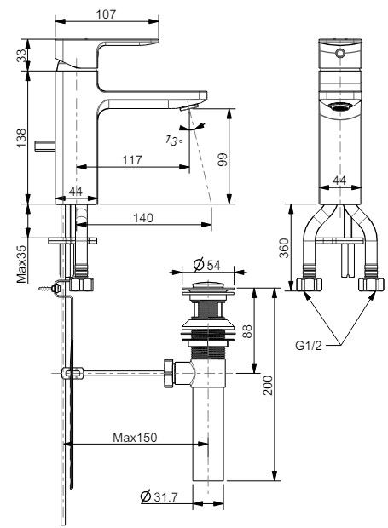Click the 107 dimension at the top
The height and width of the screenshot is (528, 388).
(107, 14)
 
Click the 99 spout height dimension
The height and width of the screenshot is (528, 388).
(223, 159)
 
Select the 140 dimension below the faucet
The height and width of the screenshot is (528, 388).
(143, 218)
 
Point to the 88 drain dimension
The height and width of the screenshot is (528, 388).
(246, 330)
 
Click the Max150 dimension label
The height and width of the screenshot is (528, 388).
(135, 437)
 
